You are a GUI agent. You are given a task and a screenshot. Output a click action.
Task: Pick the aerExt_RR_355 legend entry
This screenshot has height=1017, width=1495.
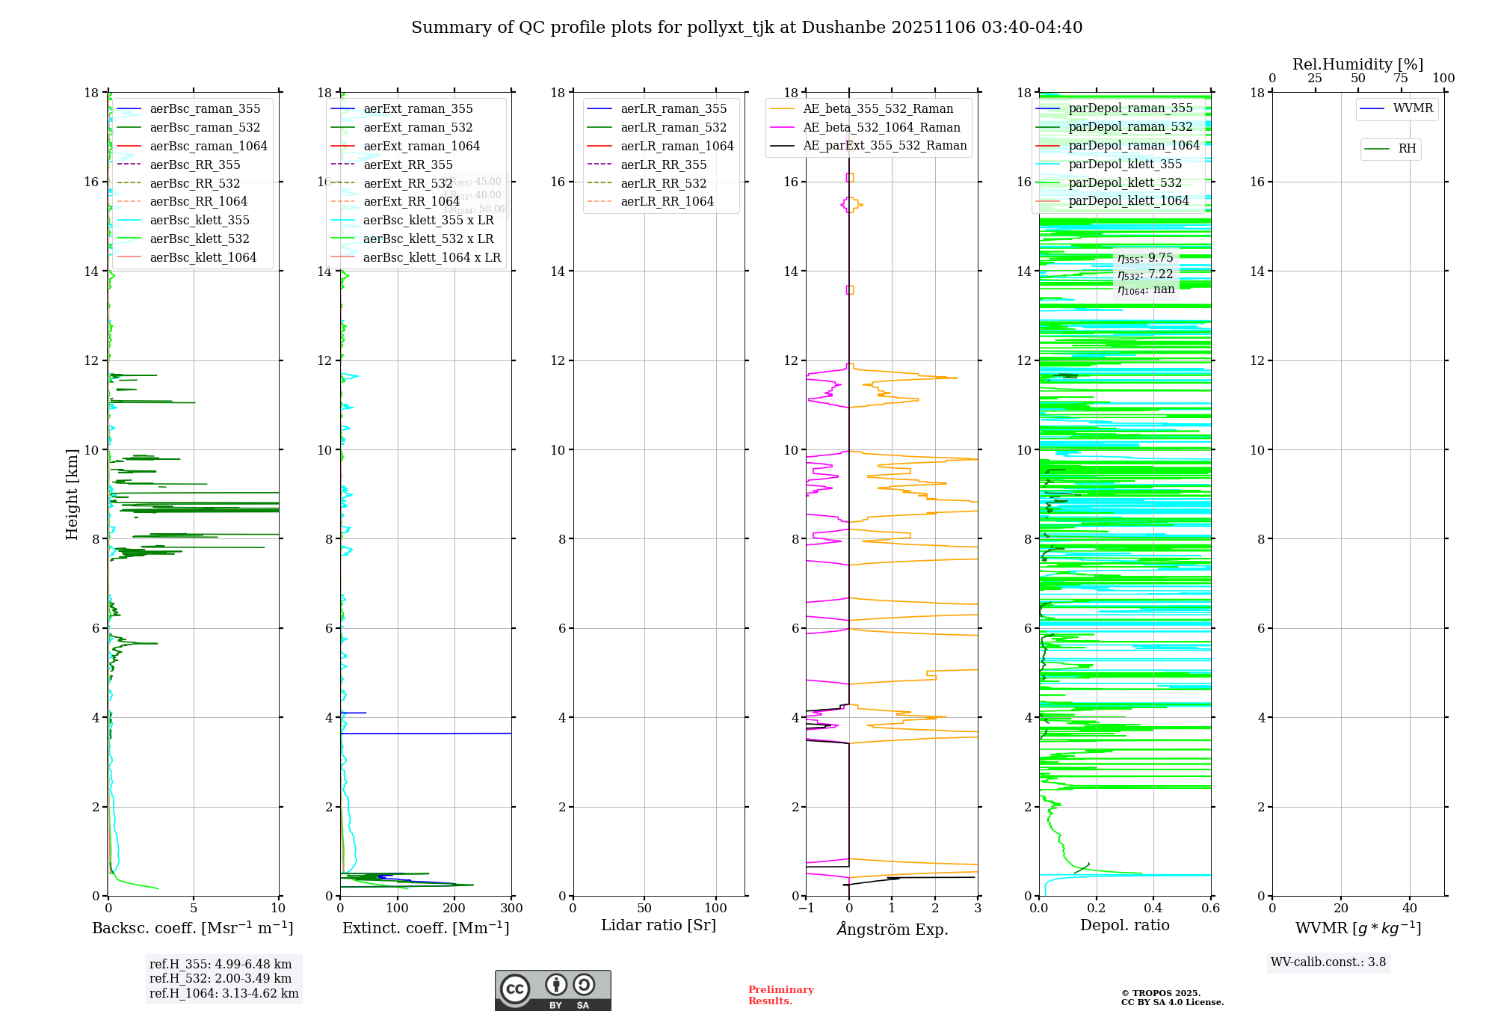(407, 165)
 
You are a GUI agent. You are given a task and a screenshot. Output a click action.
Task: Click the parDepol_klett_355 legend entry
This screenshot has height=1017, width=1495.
(1125, 164)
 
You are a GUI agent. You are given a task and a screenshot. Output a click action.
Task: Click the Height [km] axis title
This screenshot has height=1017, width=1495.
(72, 494)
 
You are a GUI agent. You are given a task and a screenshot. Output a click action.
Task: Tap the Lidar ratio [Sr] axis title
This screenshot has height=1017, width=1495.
(658, 925)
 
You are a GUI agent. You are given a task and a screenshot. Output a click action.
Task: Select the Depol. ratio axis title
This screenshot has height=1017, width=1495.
(1124, 925)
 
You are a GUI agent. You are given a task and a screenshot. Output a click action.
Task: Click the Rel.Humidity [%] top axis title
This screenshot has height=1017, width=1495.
(1357, 64)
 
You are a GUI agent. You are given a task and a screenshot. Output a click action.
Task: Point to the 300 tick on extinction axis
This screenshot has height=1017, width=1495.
(511, 908)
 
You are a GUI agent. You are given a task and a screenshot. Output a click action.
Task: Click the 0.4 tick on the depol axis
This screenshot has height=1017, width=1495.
(1153, 908)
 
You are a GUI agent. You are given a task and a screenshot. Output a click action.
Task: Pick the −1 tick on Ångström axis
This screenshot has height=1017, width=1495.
(805, 908)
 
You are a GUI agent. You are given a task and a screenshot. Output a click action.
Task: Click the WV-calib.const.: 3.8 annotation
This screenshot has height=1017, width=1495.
(1328, 962)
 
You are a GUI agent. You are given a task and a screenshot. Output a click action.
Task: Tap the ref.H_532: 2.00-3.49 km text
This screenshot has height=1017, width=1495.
(221, 978)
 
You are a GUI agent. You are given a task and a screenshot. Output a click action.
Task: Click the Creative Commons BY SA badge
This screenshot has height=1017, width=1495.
(552, 990)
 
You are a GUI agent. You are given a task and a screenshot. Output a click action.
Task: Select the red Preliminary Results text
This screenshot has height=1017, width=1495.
(780, 995)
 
